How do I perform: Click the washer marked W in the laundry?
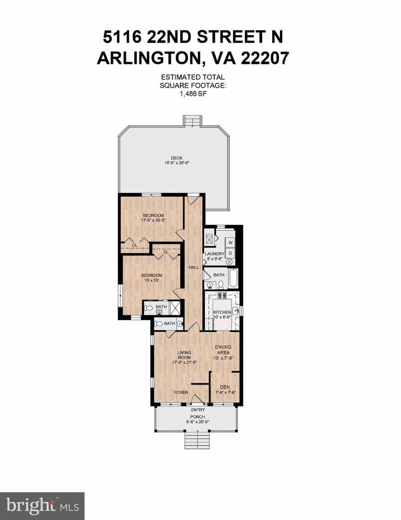click(231, 242)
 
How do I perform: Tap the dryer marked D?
click(231, 253)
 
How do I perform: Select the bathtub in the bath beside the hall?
click(233, 278)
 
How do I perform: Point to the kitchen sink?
click(236, 311)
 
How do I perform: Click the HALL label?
click(194, 267)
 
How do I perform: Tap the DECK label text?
click(176, 158)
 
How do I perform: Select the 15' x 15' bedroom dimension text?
click(151, 280)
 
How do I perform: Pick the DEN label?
click(225, 387)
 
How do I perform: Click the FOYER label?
click(181, 392)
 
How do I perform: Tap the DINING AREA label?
click(223, 350)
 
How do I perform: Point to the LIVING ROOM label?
click(184, 355)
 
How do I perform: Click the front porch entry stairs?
click(197, 440)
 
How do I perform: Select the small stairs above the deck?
click(192, 121)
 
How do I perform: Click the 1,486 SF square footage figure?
click(193, 93)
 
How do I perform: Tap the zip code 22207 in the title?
click(264, 58)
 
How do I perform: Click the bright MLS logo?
click(42, 506)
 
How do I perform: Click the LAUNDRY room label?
click(214, 254)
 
